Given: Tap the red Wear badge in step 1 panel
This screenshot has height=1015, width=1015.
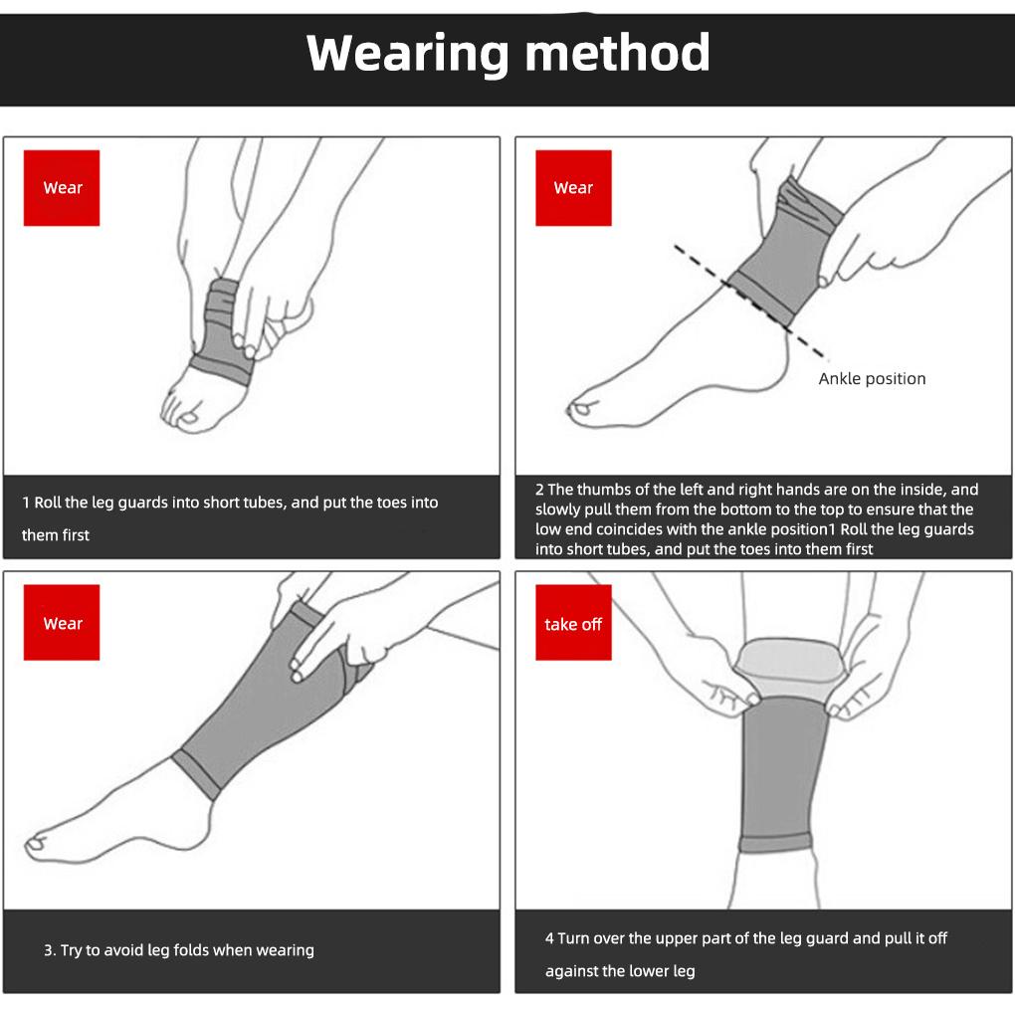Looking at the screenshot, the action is tap(62, 188).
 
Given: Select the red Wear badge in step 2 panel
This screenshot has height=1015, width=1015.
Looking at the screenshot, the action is tap(573, 188).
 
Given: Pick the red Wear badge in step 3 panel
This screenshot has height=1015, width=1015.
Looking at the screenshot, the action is tap(62, 622).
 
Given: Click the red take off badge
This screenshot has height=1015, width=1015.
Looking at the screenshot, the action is tap(573, 622).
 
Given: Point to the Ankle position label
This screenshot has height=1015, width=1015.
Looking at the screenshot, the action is tap(872, 379).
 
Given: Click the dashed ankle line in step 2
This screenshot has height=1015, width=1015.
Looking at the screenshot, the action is tap(751, 302).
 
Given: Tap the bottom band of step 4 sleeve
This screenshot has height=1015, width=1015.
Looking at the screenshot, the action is tap(775, 844).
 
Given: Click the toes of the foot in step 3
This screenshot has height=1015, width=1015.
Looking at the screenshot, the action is tap(36, 844).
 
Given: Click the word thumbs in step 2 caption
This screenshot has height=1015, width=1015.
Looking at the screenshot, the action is tap(600, 490).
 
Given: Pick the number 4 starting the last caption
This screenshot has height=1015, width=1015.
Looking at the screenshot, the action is tap(549, 938).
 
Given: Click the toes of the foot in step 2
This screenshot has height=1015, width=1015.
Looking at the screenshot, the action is tap(581, 408).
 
